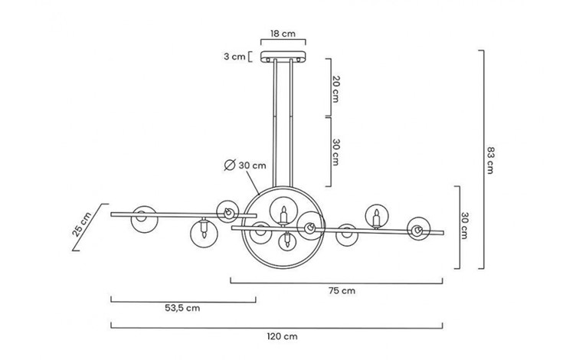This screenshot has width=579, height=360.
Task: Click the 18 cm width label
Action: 283,34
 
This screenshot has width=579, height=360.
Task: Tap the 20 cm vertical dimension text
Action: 335,90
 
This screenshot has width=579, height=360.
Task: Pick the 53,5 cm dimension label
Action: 182,309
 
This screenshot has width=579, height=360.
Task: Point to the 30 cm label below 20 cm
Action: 335,151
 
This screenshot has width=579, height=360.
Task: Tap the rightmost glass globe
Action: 418,227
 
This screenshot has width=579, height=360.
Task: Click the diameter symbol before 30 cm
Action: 229,165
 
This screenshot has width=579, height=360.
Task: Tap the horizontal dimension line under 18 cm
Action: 283,44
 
